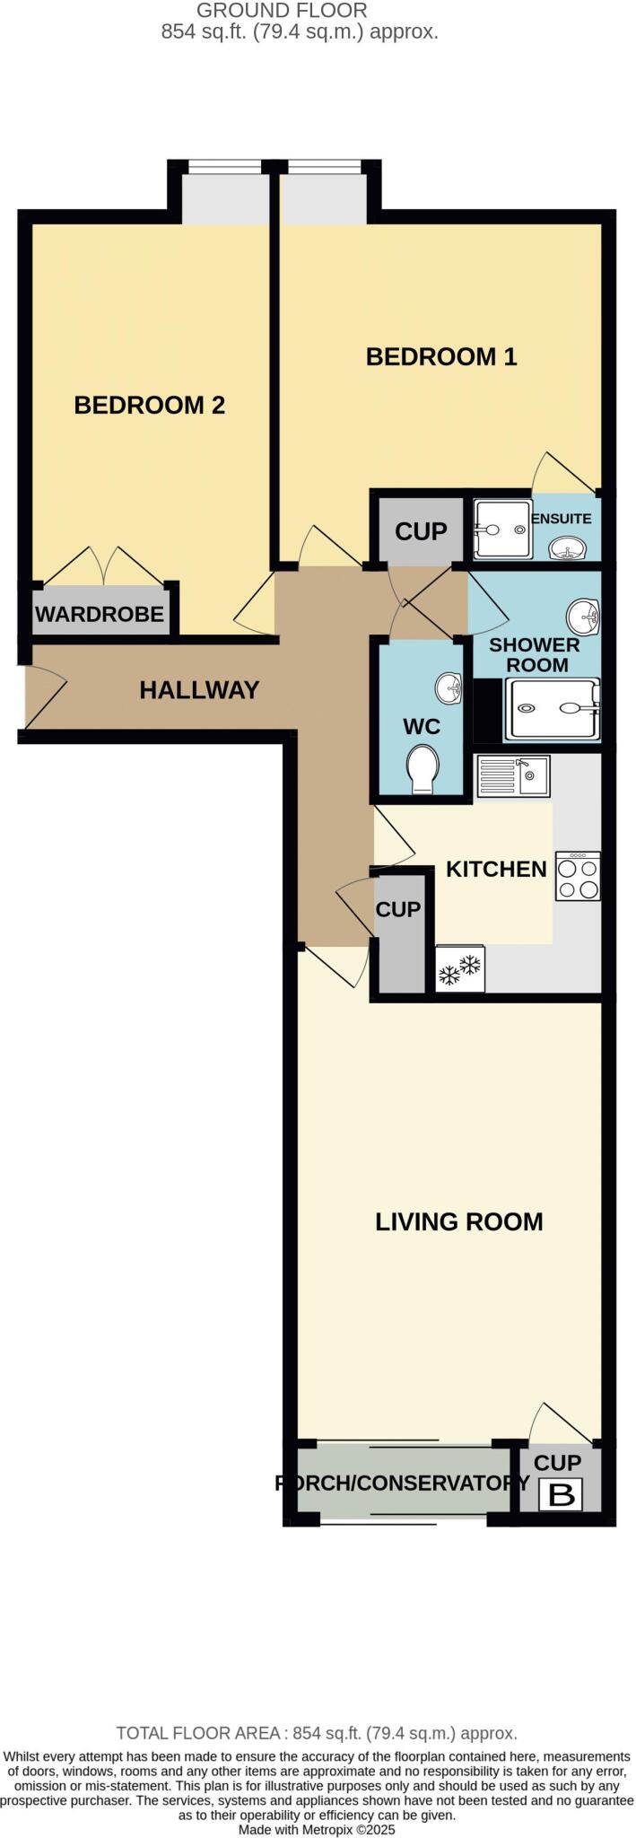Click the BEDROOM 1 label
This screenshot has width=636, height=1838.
(441, 357)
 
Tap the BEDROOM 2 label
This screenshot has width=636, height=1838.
(149, 406)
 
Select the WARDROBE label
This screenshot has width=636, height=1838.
(100, 614)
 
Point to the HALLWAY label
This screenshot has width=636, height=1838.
(199, 690)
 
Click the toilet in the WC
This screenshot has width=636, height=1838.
(422, 769)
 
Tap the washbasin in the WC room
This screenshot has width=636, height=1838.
(448, 689)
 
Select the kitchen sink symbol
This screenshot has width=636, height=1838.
(513, 776)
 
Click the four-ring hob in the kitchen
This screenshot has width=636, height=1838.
(578, 876)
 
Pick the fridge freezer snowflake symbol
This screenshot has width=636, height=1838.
(459, 969)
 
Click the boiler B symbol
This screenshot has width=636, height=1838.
(561, 1495)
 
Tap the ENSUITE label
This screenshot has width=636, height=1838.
(562, 519)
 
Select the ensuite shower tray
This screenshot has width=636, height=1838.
(502, 530)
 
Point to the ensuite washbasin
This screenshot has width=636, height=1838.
(567, 547)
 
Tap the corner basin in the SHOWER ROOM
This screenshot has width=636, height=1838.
(583, 616)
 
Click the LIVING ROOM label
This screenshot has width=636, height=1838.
(458, 1221)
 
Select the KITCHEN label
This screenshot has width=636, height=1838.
(496, 869)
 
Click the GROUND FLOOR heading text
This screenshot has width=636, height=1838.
(282, 12)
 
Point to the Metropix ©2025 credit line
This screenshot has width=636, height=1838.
(317, 1829)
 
